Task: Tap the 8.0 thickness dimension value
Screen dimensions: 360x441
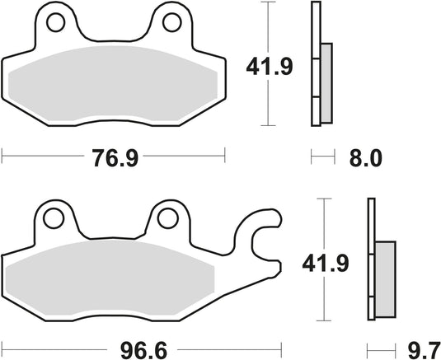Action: (366, 158)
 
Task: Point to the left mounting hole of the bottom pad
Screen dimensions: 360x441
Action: (55, 218)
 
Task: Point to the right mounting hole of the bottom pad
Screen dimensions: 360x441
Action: (169, 218)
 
